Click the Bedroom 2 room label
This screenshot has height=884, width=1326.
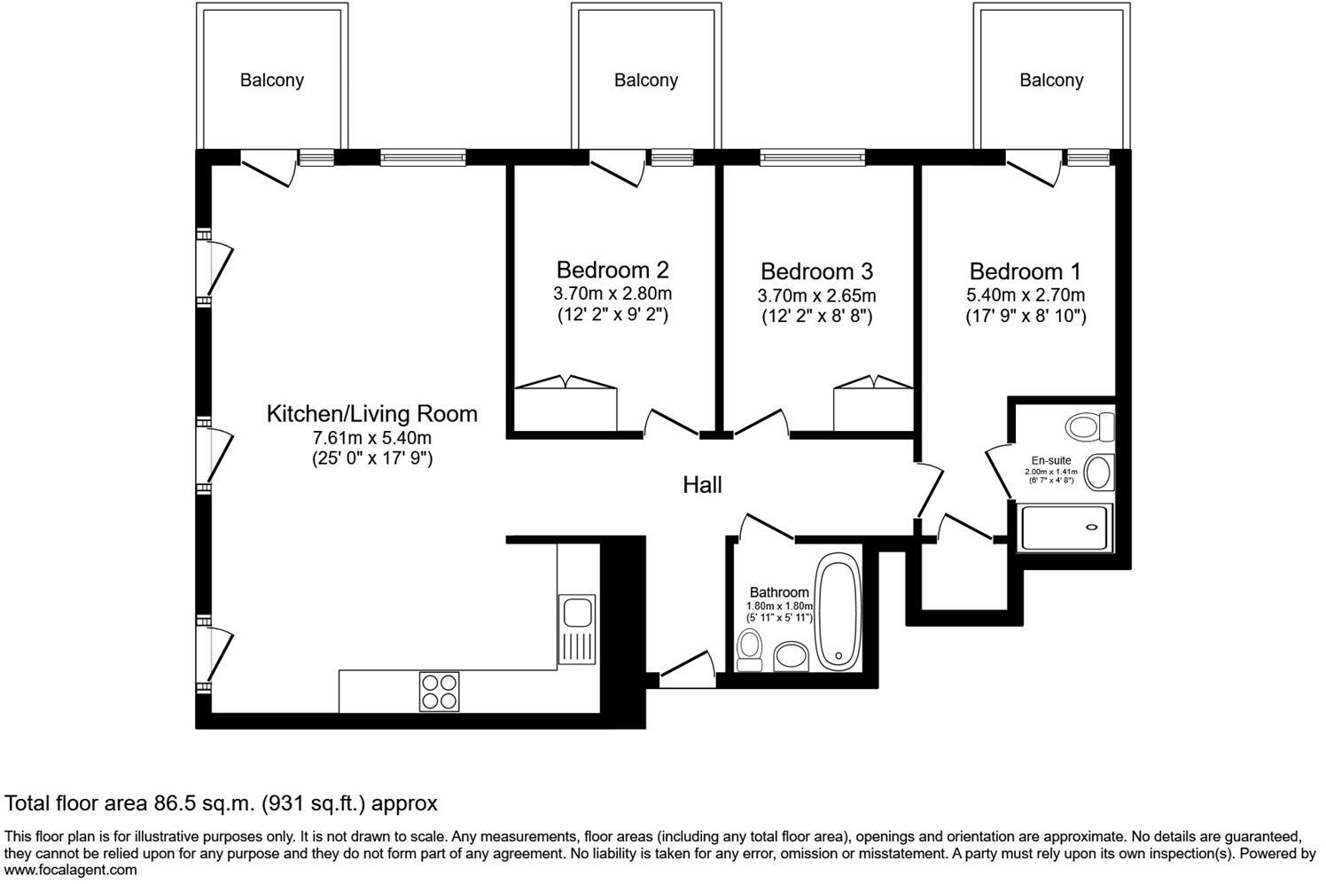point(612,270)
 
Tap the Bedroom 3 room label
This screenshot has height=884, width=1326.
point(816,271)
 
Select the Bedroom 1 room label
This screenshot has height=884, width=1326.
point(1026,271)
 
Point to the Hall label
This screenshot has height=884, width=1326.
point(702,485)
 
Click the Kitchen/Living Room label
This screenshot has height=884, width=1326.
point(371,414)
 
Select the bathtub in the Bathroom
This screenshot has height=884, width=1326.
point(837,613)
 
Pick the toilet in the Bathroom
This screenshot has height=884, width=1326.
point(750,650)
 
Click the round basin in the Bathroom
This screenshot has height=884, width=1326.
point(790,657)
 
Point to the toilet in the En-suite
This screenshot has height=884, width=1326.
point(1090,426)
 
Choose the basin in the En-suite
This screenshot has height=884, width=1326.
point(1099,472)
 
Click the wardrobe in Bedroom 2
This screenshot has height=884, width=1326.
point(565,407)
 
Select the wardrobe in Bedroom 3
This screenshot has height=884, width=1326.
point(873,408)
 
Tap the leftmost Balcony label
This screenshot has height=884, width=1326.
point(272,81)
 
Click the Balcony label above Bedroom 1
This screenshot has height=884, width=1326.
point(1051,81)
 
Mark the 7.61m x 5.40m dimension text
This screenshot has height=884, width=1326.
point(371,438)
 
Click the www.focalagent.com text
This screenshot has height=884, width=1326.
point(71,870)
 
